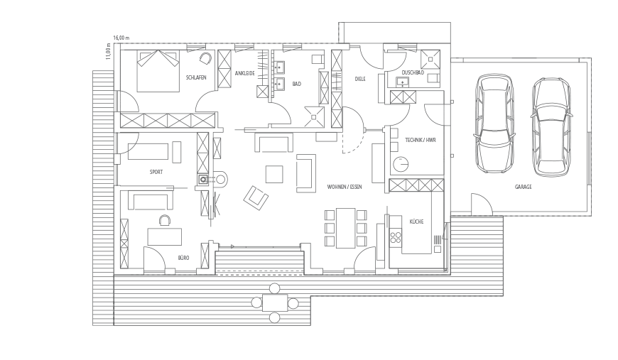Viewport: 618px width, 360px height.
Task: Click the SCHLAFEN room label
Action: coord(196,77)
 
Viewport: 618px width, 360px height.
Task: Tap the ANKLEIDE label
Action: coord(245,74)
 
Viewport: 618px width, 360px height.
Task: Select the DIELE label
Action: coord(360,79)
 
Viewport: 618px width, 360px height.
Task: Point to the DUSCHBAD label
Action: coord(413,72)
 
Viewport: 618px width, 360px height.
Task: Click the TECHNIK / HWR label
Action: coord(421,140)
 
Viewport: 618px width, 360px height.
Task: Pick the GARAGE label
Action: coord(523,187)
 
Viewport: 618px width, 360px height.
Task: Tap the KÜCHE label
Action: coord(416,222)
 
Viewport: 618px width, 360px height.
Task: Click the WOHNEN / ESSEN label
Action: coord(345,187)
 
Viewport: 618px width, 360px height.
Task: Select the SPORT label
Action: coord(156,172)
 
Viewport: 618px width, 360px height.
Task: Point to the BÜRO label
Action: coord(183,258)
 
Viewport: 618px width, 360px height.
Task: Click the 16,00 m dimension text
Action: coord(121,38)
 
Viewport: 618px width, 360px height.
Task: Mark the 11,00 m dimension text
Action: coord(108,52)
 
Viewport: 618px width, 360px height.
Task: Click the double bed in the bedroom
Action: coord(158,71)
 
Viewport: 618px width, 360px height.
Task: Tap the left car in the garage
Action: coord(494,124)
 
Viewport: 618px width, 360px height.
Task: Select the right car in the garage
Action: coord(551,127)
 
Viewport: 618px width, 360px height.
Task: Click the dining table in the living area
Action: coord(346,228)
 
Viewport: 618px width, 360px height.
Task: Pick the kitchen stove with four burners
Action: coord(396,237)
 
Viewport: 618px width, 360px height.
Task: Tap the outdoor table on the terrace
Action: coord(275,303)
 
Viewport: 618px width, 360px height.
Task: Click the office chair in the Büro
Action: coord(165,220)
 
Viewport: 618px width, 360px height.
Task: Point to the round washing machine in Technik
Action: coord(400,164)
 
